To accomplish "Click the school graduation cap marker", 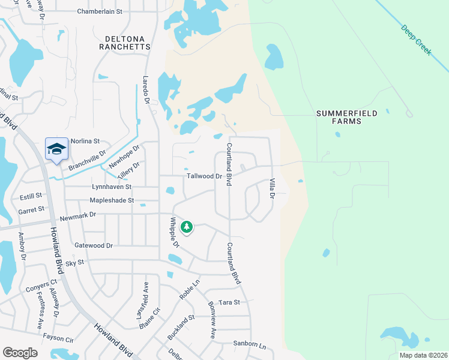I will click(56, 149).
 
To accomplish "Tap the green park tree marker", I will click(187, 227).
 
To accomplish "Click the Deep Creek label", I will click(416, 41).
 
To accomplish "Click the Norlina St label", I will click(85, 141).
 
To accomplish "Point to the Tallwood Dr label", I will click(205, 177).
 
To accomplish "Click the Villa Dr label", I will click(272, 188).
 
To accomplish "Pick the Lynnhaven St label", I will click(111, 187).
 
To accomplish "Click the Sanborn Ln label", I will click(249, 345).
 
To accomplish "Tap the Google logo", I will click(20, 353).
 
